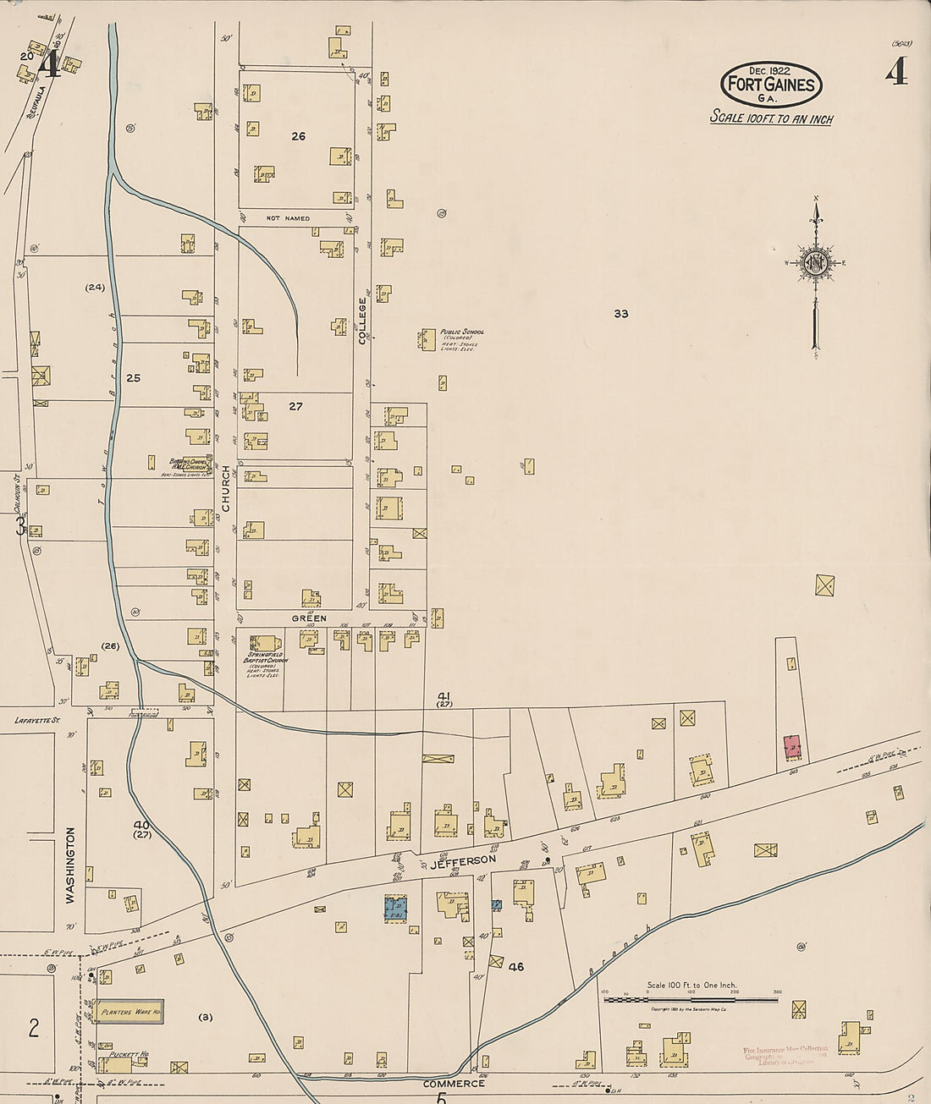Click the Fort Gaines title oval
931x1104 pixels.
(x=771, y=85)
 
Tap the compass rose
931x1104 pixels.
(x=816, y=263)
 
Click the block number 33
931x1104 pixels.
(x=621, y=314)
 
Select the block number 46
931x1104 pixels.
(x=515, y=966)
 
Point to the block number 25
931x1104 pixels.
(x=133, y=378)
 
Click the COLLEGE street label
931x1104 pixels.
(x=362, y=320)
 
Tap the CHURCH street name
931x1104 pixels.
(x=225, y=488)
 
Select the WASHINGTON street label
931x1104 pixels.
(x=70, y=865)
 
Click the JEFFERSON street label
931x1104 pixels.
(x=463, y=860)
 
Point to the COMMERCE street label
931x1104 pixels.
(x=454, y=1083)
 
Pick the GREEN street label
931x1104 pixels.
(x=309, y=618)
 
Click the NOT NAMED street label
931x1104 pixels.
(x=288, y=218)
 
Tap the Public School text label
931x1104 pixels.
(x=461, y=332)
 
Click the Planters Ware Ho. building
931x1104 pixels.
(x=129, y=1011)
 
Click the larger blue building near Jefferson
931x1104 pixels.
(x=395, y=909)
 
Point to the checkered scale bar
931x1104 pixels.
(x=690, y=1001)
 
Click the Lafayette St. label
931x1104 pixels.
(x=38, y=720)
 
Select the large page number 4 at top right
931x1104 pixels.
(x=896, y=71)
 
